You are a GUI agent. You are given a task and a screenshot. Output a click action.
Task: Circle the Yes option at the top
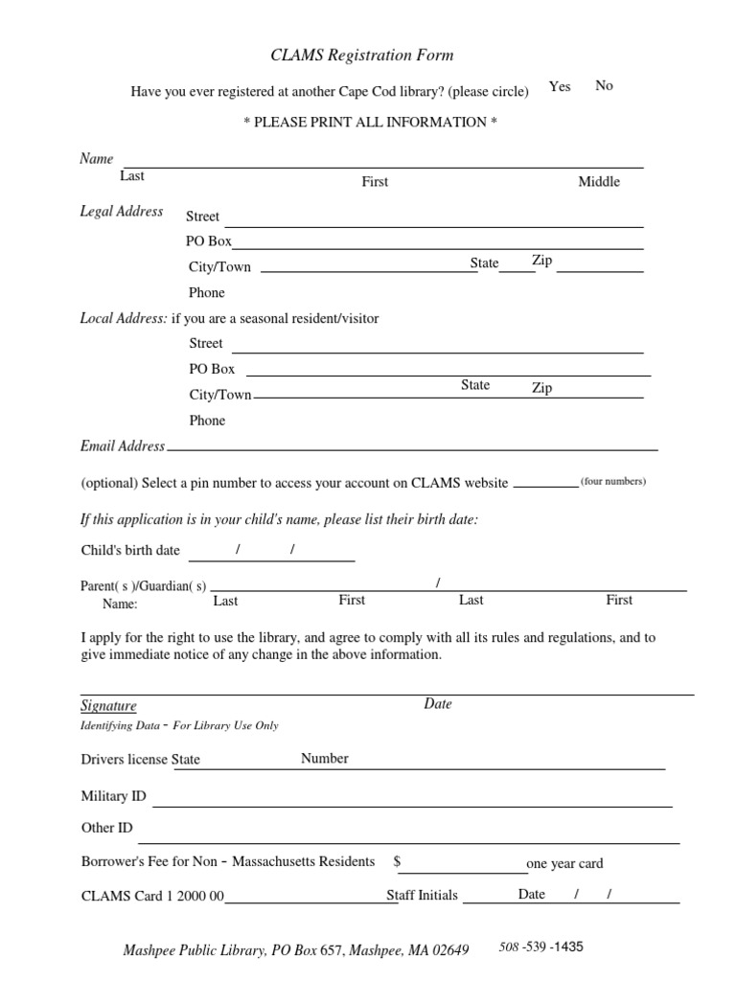point(560,86)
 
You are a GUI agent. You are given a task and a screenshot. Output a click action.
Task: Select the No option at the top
point(604,86)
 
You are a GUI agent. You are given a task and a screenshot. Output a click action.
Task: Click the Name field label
point(96,159)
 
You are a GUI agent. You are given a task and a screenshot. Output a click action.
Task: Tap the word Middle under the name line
point(599,182)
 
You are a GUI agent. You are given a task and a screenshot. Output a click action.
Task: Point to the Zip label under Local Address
point(542,388)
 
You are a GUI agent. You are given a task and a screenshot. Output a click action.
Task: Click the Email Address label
point(123,446)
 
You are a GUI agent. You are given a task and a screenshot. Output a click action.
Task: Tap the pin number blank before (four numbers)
point(545,485)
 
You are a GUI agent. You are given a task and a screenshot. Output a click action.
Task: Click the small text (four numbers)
point(613,482)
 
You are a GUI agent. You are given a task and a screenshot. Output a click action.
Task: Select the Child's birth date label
point(130,551)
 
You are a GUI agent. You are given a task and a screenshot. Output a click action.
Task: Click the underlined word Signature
point(108,706)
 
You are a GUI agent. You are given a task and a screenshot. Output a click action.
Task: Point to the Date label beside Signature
point(438,704)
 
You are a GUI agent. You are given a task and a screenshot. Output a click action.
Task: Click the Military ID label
point(114,796)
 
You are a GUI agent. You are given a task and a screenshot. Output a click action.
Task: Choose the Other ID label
point(107,829)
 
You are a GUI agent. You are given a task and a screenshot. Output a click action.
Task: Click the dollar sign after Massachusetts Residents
point(397,862)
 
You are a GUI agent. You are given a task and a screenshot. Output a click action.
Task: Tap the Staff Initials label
point(423,896)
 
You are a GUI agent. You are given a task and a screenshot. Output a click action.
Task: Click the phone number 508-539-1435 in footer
point(540,947)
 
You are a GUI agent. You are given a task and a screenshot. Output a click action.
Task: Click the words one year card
point(564,864)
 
